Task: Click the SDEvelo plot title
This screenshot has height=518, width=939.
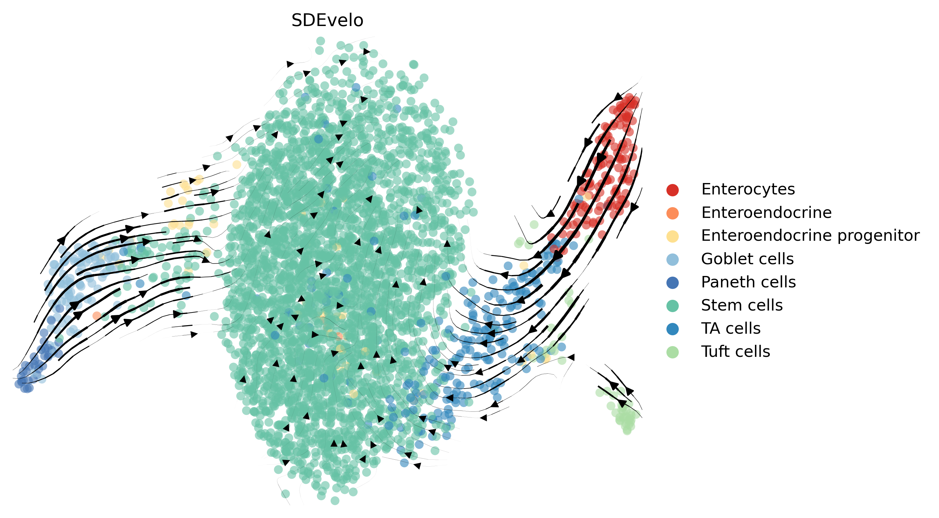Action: [327, 20]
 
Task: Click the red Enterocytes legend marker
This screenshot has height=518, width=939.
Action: [672, 190]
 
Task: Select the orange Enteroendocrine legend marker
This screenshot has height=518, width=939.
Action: [672, 213]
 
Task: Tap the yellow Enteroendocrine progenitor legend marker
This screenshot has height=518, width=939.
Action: [672, 236]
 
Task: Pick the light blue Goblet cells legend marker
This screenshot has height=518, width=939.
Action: [672, 259]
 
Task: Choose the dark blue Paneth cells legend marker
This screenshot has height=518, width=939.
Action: [672, 283]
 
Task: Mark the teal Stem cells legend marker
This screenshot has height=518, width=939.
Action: [672, 305]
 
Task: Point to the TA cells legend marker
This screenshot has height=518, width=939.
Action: [672, 329]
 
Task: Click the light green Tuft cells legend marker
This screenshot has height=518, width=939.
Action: [672, 352]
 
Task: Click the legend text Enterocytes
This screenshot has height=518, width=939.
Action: [748, 189]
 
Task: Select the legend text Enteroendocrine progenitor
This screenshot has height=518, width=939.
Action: [810, 236]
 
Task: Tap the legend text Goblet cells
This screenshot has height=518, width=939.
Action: [747, 259]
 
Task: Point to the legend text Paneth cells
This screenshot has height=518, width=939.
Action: [748, 282]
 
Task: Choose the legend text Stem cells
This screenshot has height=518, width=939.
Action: [742, 305]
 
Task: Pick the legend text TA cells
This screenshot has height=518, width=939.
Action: [731, 329]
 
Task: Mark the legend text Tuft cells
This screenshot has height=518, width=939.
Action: [736, 352]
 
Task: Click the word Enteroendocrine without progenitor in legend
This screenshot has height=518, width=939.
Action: [766, 213]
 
